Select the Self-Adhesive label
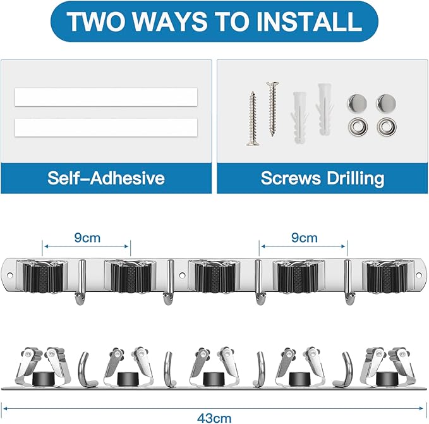(106, 178)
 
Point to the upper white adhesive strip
(106, 97)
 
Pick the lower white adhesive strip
(106, 128)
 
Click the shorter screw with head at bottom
(253, 118)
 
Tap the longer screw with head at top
(272, 109)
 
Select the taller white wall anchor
(325, 109)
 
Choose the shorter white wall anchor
(299, 118)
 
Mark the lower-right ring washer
(387, 127)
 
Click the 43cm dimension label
(215, 418)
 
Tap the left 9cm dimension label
(87, 238)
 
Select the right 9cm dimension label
(305, 238)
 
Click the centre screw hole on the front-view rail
(182, 276)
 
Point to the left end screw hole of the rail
(10, 276)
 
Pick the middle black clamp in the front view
(215, 277)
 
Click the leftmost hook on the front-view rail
(81, 282)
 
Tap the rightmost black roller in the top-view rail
(387, 379)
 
